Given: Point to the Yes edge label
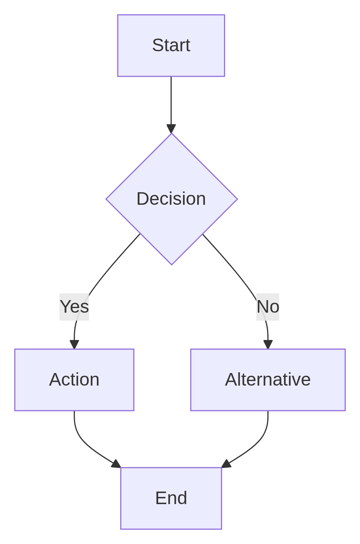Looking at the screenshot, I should (74, 307).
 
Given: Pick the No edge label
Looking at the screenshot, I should (268, 307).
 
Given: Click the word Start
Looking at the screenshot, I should (171, 45).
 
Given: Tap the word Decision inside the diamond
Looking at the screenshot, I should (171, 199).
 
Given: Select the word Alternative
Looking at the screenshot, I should (268, 380).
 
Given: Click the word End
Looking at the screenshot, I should (171, 498).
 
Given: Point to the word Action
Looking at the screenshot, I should (74, 380).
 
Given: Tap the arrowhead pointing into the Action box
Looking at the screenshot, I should (74, 344).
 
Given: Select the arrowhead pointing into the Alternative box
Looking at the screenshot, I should (268, 344).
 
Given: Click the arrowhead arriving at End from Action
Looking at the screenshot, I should (116, 464).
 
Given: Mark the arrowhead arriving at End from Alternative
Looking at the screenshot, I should (226, 464).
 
